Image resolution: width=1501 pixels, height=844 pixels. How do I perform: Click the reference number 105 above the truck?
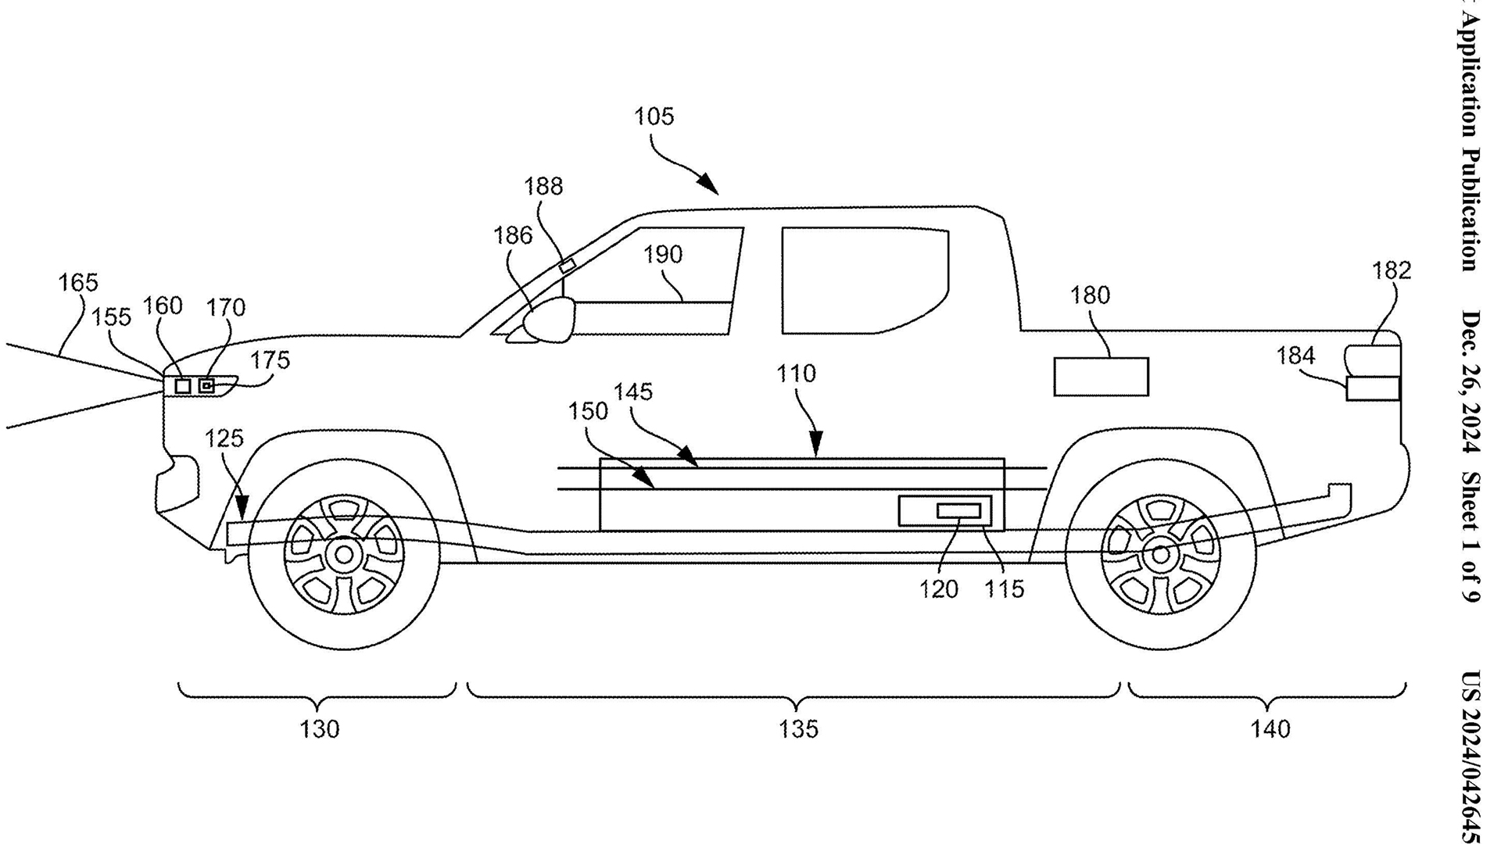click(x=654, y=117)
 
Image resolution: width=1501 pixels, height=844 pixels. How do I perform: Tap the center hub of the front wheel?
click(x=343, y=555)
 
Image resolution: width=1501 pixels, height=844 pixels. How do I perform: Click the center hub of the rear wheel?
click(x=1160, y=555)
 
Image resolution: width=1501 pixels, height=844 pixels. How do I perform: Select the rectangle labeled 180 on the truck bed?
click(x=1101, y=377)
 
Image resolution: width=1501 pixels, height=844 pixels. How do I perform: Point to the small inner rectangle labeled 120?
click(x=958, y=511)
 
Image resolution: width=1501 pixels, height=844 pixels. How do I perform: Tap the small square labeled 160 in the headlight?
click(x=183, y=386)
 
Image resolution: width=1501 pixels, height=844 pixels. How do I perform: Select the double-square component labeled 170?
click(x=206, y=386)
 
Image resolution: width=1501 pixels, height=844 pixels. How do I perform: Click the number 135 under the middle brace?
click(x=798, y=729)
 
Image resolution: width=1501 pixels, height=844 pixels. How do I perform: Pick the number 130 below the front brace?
click(x=320, y=729)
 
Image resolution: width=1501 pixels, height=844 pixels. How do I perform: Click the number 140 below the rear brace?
click(x=1270, y=729)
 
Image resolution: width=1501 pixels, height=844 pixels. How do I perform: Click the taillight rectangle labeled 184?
click(x=1372, y=388)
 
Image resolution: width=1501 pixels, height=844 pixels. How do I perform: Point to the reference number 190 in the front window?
click(x=663, y=255)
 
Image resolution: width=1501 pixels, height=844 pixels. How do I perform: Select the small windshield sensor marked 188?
click(x=567, y=266)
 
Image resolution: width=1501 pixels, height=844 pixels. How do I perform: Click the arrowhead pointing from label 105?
click(x=709, y=186)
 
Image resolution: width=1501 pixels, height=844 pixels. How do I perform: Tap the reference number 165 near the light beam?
click(x=78, y=282)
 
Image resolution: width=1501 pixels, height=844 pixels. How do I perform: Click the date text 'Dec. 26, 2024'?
click(x=1471, y=382)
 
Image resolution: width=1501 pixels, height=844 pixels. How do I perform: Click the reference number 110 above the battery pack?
click(x=796, y=374)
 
